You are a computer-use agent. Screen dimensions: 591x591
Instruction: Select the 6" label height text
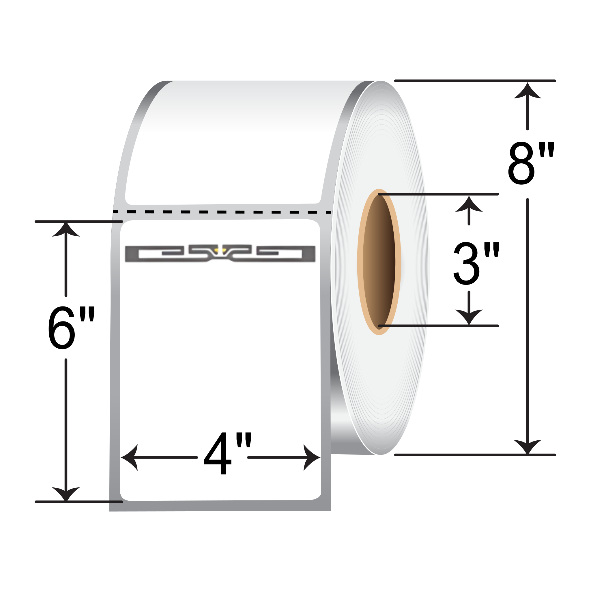click(x=71, y=328)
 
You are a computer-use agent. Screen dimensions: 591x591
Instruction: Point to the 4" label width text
click(x=227, y=453)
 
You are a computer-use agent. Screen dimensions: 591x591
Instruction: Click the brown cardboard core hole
click(x=379, y=262)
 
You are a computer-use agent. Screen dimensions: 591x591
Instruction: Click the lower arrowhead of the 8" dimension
click(x=528, y=446)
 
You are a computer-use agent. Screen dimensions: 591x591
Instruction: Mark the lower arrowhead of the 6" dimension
click(x=66, y=493)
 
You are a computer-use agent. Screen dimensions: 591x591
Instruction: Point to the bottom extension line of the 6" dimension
click(x=79, y=502)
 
